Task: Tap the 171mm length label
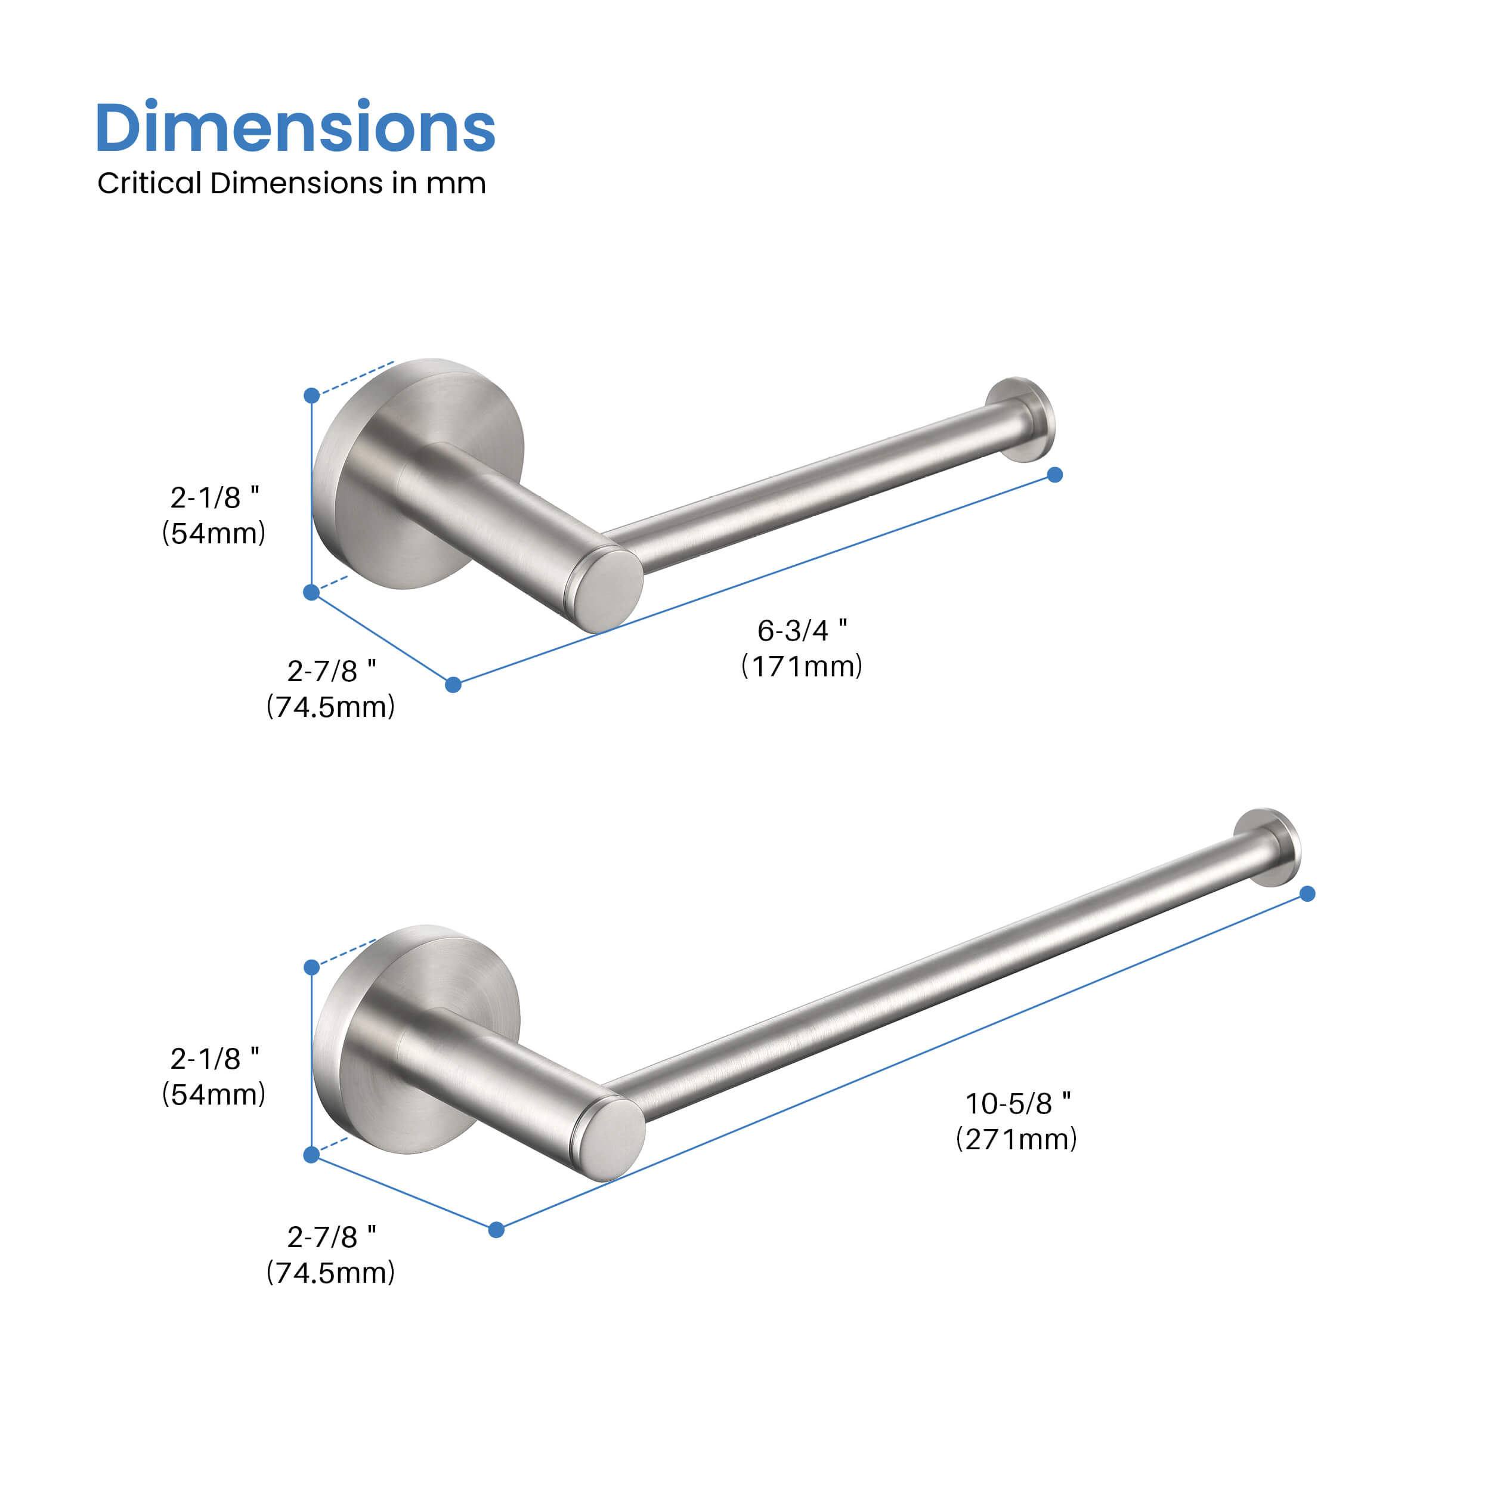tap(802, 666)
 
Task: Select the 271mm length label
tap(1016, 1139)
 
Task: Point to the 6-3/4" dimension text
tap(802, 630)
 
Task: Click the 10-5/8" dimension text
tap(1017, 1103)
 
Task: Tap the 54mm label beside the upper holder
tap(214, 533)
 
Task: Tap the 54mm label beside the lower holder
tap(214, 1094)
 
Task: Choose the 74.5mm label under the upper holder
tap(330, 707)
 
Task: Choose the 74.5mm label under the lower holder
tap(330, 1273)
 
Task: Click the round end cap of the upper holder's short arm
tap(611, 590)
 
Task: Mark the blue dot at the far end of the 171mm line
tap(1055, 475)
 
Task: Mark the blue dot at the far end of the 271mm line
tap(1307, 893)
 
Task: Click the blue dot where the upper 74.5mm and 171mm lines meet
tap(453, 685)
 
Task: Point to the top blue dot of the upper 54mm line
tap(312, 396)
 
